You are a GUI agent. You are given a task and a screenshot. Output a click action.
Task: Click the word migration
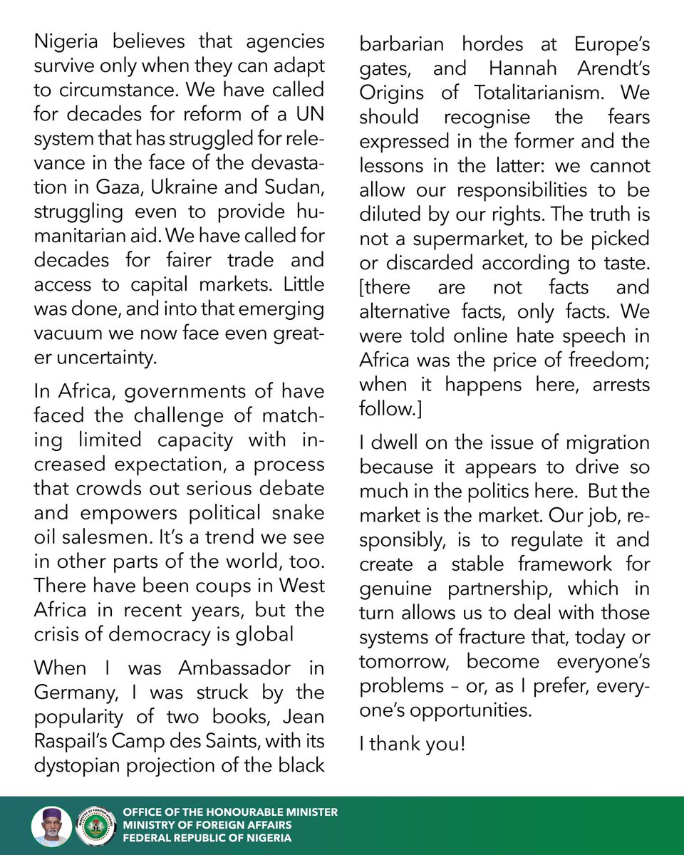click(606, 442)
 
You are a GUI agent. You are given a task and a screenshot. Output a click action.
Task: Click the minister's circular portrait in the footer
click(51, 826)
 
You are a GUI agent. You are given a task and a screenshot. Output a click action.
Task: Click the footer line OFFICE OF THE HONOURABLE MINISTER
click(230, 812)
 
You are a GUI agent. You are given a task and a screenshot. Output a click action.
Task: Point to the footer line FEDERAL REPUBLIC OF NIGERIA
click(207, 838)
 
